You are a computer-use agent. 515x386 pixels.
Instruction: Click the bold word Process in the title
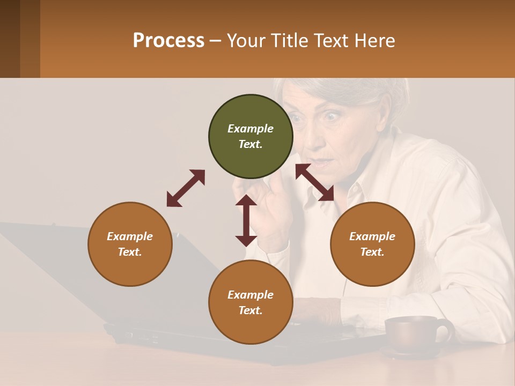[168, 41]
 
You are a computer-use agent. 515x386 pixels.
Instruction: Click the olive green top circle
[251, 137]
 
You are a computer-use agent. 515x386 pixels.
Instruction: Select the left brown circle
[130, 244]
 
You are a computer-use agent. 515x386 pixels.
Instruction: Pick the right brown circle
[372, 244]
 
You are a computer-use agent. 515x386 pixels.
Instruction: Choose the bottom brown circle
[251, 302]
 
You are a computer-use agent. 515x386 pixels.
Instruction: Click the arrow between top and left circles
[186, 188]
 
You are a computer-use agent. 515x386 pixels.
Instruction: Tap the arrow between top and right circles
[315, 182]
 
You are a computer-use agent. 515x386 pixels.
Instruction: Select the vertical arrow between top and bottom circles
[246, 220]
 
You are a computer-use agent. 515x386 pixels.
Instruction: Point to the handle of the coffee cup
[445, 331]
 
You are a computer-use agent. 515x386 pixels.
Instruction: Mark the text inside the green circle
[251, 137]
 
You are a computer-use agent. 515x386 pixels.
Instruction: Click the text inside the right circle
[372, 244]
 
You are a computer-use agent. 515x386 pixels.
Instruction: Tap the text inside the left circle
[130, 244]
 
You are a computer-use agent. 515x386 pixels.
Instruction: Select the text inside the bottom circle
[251, 302]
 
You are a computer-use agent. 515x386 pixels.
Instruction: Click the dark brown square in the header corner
[10, 39]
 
